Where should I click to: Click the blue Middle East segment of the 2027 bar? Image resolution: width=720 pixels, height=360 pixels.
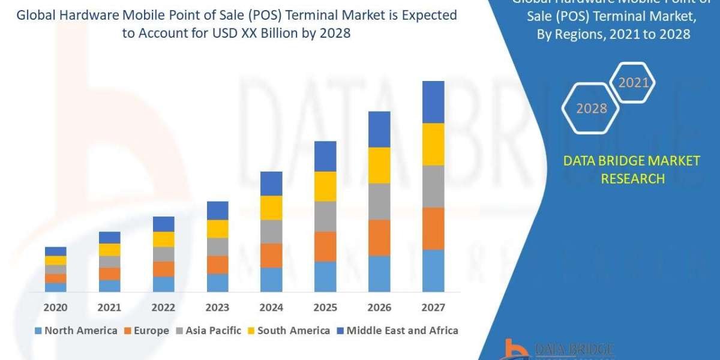point(433,102)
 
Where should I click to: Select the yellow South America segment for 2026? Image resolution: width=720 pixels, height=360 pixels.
point(379,165)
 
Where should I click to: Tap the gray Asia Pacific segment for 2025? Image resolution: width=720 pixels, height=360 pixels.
point(325,216)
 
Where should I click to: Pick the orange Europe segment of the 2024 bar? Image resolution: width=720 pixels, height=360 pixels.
point(271,255)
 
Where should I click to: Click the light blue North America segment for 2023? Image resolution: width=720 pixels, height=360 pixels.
point(217,283)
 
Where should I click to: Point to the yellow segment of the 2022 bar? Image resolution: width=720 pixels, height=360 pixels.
point(163,239)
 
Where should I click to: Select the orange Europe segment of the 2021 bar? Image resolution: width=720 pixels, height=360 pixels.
point(109,274)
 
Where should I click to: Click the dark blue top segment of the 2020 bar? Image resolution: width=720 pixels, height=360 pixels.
point(56,251)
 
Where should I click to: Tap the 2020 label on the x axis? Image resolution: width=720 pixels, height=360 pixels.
point(56,307)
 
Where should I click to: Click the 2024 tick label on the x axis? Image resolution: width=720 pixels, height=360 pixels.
point(271,307)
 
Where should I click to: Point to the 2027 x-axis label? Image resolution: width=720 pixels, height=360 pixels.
point(433,307)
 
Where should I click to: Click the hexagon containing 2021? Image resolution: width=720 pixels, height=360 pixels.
point(633,83)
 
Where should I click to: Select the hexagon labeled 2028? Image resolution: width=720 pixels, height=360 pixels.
point(591,109)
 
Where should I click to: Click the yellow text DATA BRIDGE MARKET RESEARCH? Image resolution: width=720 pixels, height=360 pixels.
point(632,169)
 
